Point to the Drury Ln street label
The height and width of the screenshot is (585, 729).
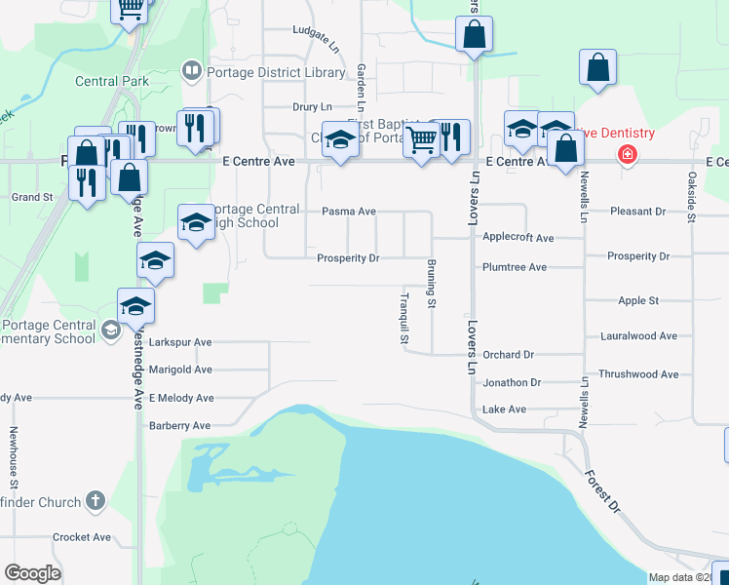tap(312, 106)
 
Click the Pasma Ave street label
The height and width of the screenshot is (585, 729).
tap(349, 212)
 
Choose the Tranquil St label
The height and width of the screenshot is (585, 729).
tap(403, 319)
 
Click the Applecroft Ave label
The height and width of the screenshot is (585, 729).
tap(518, 238)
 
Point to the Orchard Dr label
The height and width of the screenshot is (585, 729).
tap(508, 355)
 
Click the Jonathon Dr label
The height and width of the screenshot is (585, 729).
tap(511, 383)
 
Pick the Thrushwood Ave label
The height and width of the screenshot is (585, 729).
tap(638, 374)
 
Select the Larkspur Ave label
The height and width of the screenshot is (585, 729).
tap(179, 343)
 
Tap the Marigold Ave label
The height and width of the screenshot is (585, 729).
tap(179, 370)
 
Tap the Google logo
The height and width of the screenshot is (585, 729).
tap(32, 573)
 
